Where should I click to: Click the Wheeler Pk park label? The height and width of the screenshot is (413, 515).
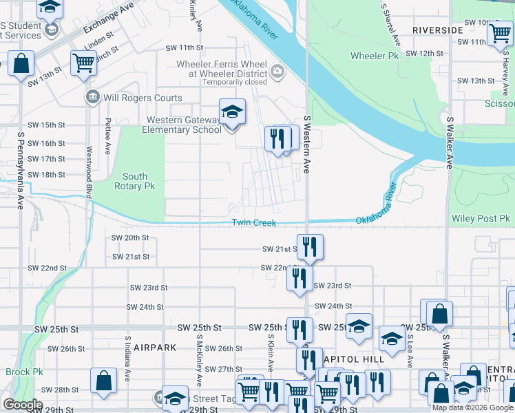375,55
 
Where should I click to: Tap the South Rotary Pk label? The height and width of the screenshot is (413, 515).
135,182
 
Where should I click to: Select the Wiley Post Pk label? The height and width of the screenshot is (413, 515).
481,219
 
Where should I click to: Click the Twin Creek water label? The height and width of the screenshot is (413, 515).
253,222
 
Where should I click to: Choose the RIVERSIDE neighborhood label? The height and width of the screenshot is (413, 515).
437,30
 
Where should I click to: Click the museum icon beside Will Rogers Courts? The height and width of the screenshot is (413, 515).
92,98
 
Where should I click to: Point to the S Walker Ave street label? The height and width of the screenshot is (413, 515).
449,142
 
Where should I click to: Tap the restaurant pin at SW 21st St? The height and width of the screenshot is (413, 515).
310,246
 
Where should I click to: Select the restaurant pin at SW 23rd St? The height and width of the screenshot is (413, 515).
299,279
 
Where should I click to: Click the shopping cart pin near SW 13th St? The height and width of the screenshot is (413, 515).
83,63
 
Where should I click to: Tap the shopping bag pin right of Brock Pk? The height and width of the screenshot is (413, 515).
103,381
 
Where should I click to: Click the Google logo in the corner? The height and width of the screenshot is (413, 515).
22,405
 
